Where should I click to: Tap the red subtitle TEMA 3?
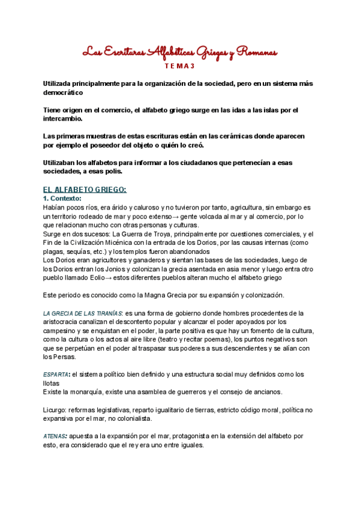pyautogui.click(x=180, y=66)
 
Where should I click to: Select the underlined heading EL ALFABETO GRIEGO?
pyautogui.click(x=85, y=190)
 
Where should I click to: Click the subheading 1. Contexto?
pyautogui.click(x=65, y=198)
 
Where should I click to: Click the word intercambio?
pyautogui.click(x=68, y=119)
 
